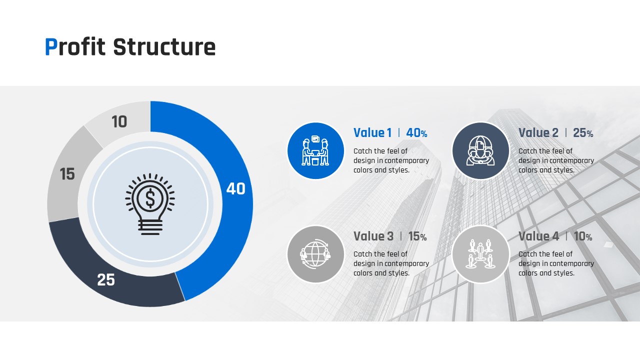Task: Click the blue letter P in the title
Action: click(x=51, y=47)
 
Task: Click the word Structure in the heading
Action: click(x=164, y=47)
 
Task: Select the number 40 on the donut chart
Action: click(x=235, y=189)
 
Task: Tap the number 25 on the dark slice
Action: click(x=106, y=279)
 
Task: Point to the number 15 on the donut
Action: click(x=67, y=174)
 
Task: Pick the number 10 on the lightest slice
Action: click(x=119, y=121)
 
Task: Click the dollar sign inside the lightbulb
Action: click(x=150, y=198)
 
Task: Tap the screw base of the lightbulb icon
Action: click(x=150, y=227)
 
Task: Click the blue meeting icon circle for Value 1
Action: click(x=315, y=150)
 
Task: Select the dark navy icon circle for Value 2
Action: click(x=480, y=150)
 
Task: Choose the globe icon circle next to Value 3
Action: click(x=315, y=254)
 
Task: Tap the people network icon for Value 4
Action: click(x=480, y=254)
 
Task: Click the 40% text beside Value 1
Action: click(x=416, y=133)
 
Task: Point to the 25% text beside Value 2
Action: click(x=583, y=133)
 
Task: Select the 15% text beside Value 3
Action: click(x=417, y=236)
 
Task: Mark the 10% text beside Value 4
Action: click(x=583, y=236)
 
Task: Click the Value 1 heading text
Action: click(x=372, y=133)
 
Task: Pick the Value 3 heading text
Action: click(x=373, y=236)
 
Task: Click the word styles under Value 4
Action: click(x=563, y=273)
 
